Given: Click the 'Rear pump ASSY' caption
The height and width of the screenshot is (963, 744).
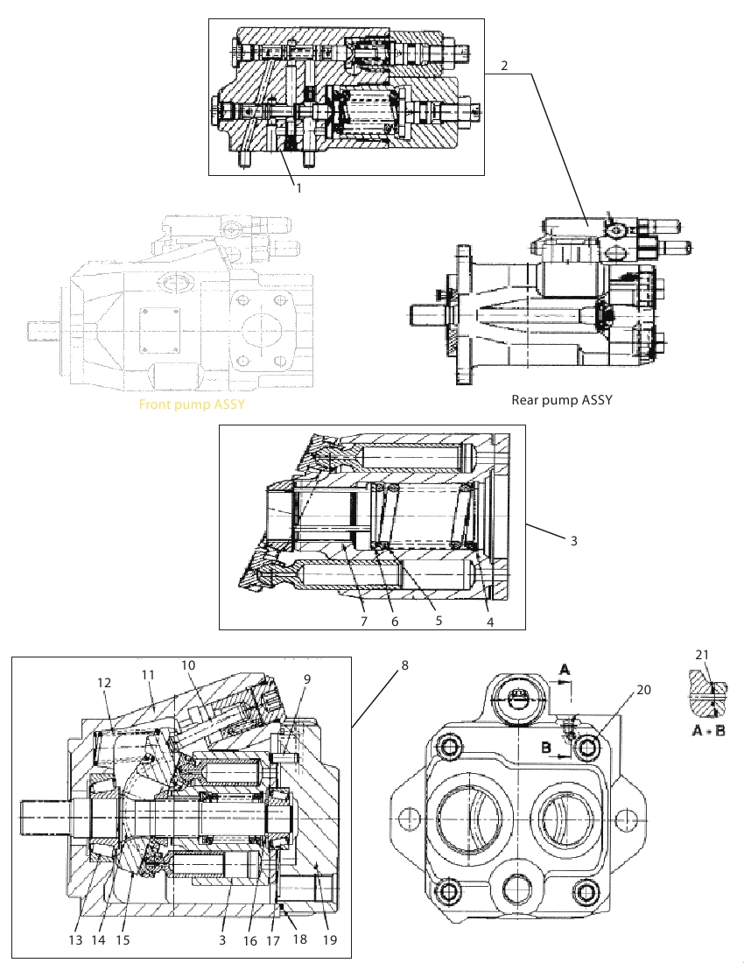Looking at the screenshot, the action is tap(562, 400).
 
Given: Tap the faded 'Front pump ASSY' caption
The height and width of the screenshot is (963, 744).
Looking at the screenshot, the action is tap(192, 404).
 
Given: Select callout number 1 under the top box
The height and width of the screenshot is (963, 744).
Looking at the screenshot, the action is tap(299, 188).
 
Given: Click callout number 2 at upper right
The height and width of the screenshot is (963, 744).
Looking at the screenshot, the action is tap(504, 65).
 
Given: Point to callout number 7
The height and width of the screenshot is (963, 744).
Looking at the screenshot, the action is tap(364, 621).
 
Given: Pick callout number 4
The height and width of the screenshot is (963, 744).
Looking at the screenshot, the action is tap(490, 622).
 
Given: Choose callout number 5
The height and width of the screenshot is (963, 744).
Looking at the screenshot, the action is tap(439, 621).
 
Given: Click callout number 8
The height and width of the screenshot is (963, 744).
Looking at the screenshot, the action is tap(404, 665).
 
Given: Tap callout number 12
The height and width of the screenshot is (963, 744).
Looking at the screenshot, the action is tap(104, 682).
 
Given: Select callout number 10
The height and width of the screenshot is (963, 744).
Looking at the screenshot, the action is tap(188, 665).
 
